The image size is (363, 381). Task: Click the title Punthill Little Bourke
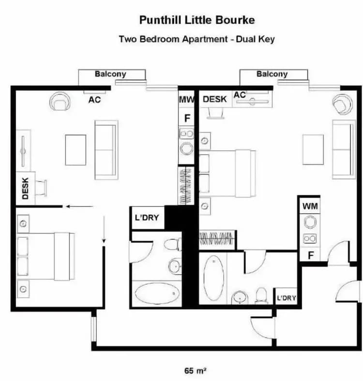[x=197, y=20]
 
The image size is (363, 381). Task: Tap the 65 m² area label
[x=196, y=371]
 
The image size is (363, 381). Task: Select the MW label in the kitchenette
[x=186, y=100]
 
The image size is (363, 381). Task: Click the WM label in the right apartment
[x=310, y=206]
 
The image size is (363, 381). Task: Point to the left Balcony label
[x=110, y=74]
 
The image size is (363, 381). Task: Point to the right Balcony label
[x=272, y=74]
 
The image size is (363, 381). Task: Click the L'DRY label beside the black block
[x=146, y=218]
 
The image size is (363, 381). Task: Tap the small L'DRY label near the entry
[x=286, y=298]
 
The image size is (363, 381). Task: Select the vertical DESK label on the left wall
[x=26, y=188]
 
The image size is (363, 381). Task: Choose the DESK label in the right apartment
[x=214, y=99]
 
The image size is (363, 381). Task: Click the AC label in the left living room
[x=95, y=100]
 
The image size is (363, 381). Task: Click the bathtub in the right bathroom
[x=213, y=278]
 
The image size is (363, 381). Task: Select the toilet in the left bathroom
[x=172, y=244]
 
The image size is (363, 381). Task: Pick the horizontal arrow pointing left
[x=79, y=206]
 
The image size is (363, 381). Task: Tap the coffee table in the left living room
[x=76, y=150]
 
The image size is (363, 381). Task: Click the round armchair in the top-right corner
[x=342, y=104]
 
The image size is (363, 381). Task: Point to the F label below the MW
[x=187, y=117]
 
